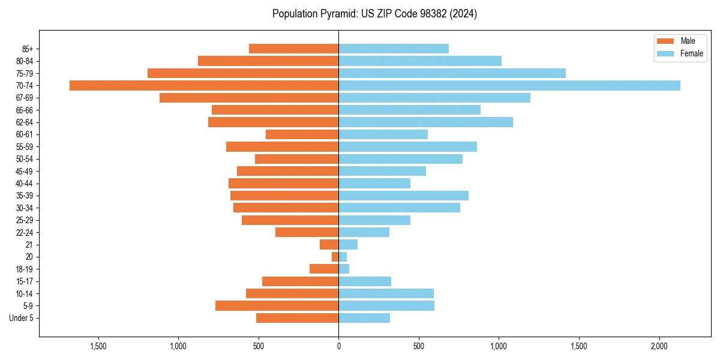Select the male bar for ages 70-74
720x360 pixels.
(204, 86)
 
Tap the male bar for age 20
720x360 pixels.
(335, 257)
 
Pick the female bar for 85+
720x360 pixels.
(394, 49)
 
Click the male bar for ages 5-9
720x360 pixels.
(277, 306)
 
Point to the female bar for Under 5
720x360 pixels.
(364, 318)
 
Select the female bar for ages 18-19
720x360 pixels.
(344, 269)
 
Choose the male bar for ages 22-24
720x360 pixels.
(307, 232)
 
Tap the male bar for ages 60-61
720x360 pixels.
(302, 134)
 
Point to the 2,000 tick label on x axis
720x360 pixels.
(659, 346)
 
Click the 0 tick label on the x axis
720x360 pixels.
(338, 346)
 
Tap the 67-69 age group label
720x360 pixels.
(24, 98)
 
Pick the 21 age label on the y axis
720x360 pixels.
(29, 245)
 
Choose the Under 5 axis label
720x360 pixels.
(21, 318)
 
